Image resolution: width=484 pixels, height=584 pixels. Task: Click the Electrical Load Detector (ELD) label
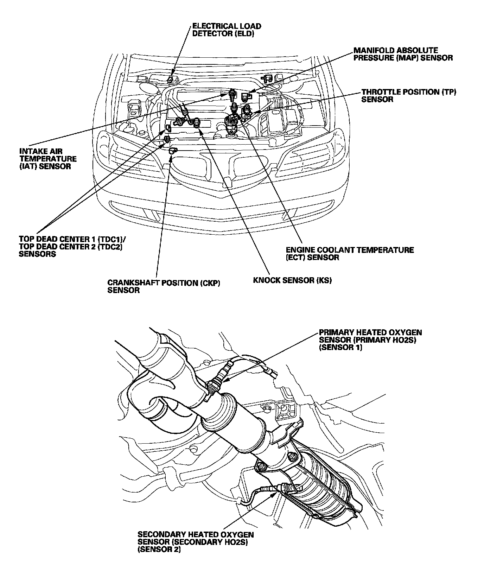[227, 30]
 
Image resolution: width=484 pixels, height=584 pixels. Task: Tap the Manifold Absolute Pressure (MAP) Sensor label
[403, 54]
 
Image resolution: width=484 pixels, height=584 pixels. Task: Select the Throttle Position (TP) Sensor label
[409, 96]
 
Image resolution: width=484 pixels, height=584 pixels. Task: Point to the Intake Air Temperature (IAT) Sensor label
[48, 159]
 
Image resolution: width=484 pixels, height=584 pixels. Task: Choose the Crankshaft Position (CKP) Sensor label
[164, 286]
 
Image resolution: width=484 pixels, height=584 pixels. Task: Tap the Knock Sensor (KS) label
[292, 280]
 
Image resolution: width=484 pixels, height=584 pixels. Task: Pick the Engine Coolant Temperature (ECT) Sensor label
[350, 253]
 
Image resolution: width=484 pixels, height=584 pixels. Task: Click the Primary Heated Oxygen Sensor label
[370, 340]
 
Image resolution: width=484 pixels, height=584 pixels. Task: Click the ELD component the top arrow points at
[171, 80]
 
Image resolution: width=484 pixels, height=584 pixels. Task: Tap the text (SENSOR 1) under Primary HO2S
[340, 348]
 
